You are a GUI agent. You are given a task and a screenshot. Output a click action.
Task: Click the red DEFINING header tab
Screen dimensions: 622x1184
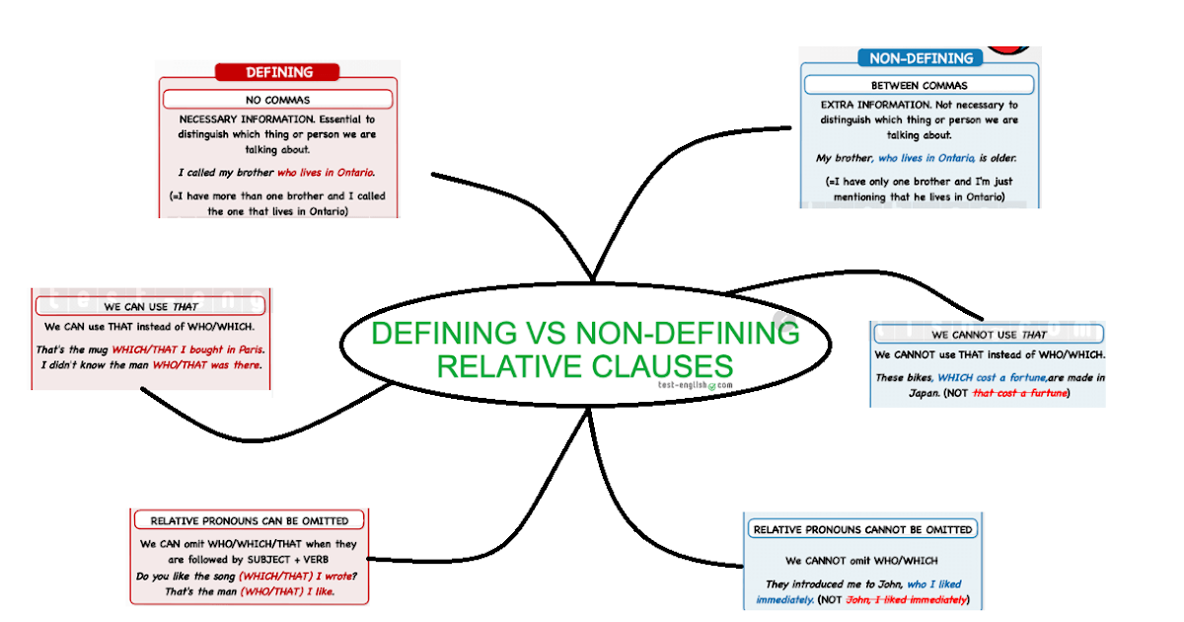277,72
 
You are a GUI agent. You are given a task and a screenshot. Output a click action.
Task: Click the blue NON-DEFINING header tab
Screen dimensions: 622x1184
919,58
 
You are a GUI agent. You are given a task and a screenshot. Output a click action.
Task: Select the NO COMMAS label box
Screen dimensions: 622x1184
277,100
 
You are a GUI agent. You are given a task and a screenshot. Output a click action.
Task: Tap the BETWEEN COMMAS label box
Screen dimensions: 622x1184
919,86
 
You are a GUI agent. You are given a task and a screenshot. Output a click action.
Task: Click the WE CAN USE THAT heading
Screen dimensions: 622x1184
151,307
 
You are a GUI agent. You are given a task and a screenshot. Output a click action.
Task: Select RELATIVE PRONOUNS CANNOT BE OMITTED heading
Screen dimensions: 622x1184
862,529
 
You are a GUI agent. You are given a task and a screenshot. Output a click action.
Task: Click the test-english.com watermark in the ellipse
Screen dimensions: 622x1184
696,385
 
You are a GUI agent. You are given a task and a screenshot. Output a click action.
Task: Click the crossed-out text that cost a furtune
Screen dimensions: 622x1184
1021,393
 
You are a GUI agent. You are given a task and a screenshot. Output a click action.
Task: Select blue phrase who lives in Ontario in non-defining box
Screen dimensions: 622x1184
926,158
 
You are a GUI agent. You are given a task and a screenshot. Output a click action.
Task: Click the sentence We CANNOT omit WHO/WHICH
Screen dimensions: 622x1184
861,561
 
